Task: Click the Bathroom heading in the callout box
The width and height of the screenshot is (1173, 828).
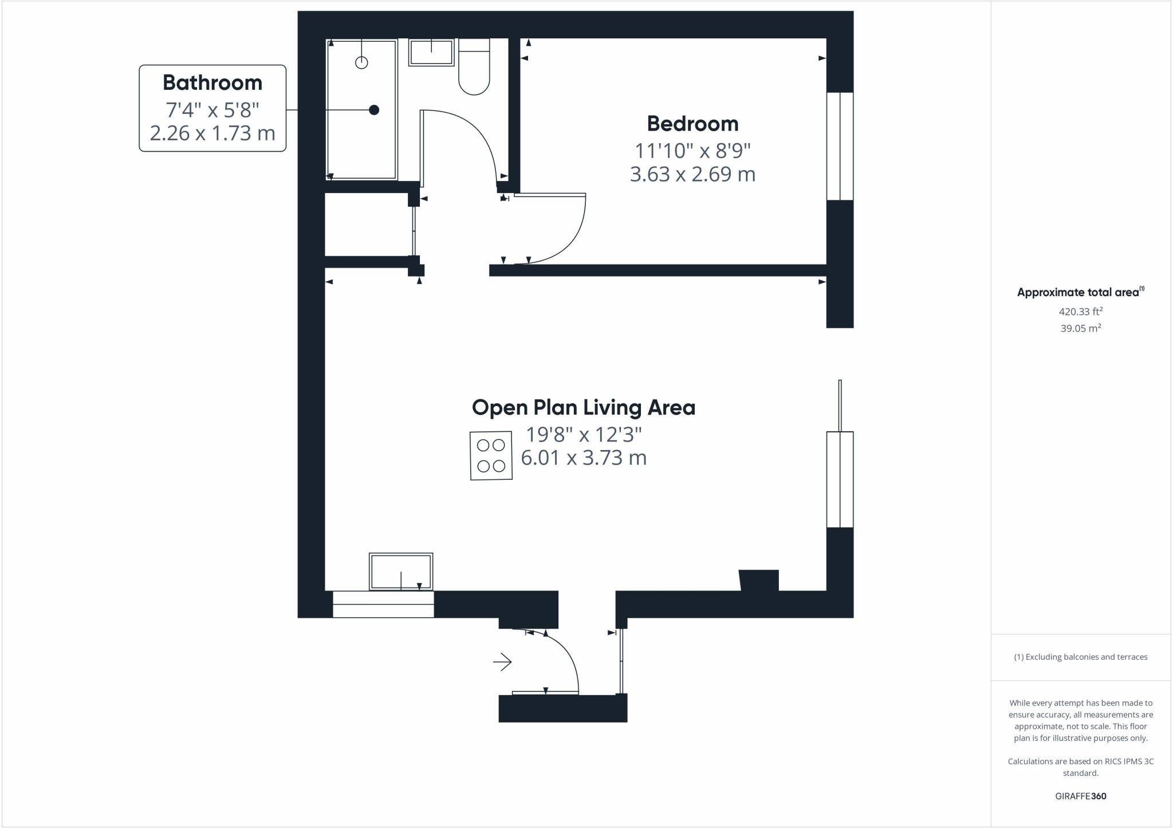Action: click(212, 82)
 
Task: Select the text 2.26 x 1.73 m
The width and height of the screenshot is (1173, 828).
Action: click(212, 133)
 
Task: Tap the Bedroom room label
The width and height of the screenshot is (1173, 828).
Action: click(692, 124)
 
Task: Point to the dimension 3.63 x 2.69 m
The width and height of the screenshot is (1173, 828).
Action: click(692, 174)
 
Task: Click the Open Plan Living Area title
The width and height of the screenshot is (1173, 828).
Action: click(583, 408)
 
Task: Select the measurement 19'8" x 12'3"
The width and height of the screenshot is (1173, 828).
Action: click(584, 435)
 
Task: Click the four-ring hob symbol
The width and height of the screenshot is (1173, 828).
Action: click(491, 455)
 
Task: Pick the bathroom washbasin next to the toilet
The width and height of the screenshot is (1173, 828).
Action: click(431, 52)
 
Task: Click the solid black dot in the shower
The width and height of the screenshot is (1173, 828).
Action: click(374, 110)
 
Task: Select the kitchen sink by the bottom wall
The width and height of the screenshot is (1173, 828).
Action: click(401, 571)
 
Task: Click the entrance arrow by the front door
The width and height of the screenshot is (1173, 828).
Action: click(502, 662)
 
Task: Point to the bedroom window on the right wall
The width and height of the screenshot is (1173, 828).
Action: click(840, 146)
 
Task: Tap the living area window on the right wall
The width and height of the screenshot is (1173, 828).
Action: click(840, 479)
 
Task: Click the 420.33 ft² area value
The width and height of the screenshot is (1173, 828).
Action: click(1080, 312)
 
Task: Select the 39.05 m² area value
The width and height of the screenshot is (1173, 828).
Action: click(1080, 328)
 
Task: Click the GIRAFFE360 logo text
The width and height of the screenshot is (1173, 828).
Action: click(1080, 796)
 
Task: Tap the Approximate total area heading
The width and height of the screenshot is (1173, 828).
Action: click(1078, 292)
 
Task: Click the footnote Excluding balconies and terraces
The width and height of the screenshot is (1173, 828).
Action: click(1080, 657)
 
